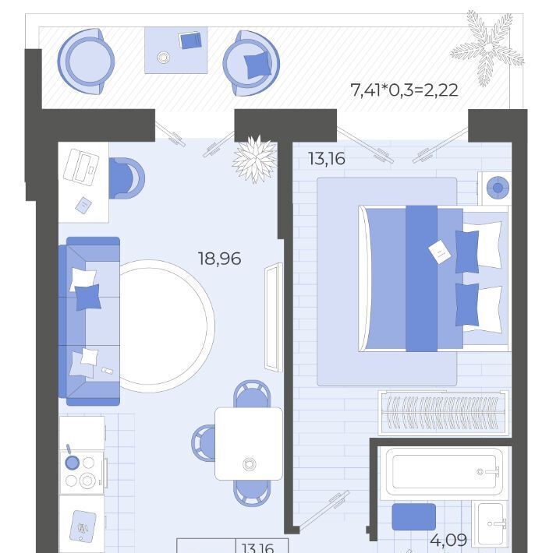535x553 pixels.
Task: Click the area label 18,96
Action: click(220, 259)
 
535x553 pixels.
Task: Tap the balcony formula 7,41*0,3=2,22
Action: click(404, 90)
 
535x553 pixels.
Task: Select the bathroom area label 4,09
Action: click(448, 540)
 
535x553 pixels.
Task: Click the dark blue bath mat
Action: click(413, 516)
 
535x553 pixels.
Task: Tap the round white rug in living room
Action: click(165, 326)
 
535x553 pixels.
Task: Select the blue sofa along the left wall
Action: click(90, 321)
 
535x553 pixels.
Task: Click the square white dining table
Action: click(249, 444)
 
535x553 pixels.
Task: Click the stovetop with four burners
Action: click(82, 472)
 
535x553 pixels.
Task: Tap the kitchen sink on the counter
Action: click(83, 527)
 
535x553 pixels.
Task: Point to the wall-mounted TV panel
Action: click(274, 317)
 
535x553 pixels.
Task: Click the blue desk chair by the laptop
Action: click(126, 178)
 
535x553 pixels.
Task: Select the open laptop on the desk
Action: click(80, 166)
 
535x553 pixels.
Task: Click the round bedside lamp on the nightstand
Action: click(498, 188)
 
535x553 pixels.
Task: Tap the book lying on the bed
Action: click(440, 252)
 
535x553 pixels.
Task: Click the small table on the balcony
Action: click(175, 51)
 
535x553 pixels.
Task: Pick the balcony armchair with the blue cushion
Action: click(251, 63)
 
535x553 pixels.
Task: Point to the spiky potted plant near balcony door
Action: click(255, 159)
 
